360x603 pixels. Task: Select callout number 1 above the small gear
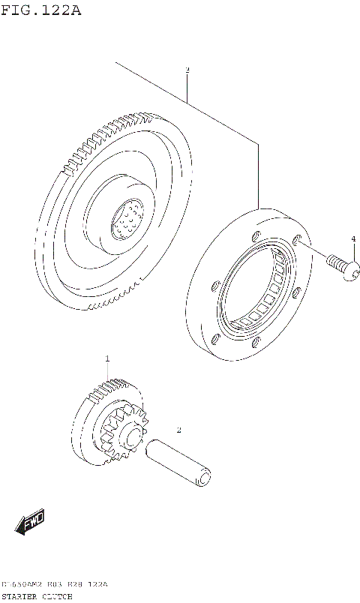107,359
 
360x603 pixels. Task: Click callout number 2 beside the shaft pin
178,430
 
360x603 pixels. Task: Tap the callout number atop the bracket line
187,70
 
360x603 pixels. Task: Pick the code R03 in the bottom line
55,584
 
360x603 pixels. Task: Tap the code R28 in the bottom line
73,584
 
